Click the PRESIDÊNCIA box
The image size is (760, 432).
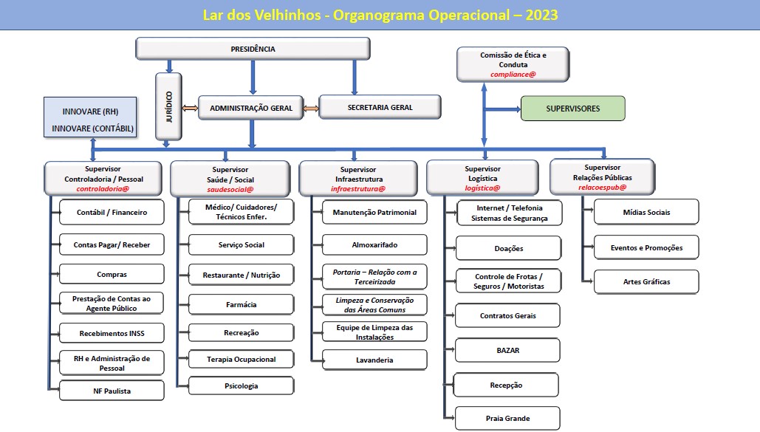[253, 49]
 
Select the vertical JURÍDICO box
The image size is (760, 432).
[168, 106]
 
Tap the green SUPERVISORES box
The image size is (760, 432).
[573, 109]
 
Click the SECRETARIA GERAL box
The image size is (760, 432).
[380, 107]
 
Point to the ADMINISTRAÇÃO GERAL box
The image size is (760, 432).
[251, 108]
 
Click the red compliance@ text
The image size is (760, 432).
[513, 74]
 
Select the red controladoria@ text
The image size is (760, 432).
[103, 188]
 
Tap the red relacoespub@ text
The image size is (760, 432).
[602, 187]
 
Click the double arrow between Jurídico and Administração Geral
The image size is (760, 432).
[190, 108]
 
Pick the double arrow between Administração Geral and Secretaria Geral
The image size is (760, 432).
[311, 108]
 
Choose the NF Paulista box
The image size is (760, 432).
[112, 391]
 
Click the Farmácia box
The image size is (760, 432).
[241, 304]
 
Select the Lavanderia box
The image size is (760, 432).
[374, 360]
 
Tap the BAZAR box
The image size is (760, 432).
[507, 350]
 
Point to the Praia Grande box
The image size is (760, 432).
[507, 418]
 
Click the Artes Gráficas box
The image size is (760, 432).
[646, 281]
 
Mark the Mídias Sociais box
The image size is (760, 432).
[646, 212]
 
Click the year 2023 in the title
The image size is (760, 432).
[541, 15]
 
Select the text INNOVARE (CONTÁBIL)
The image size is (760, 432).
[92, 128]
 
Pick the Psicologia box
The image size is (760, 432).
[241, 386]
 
